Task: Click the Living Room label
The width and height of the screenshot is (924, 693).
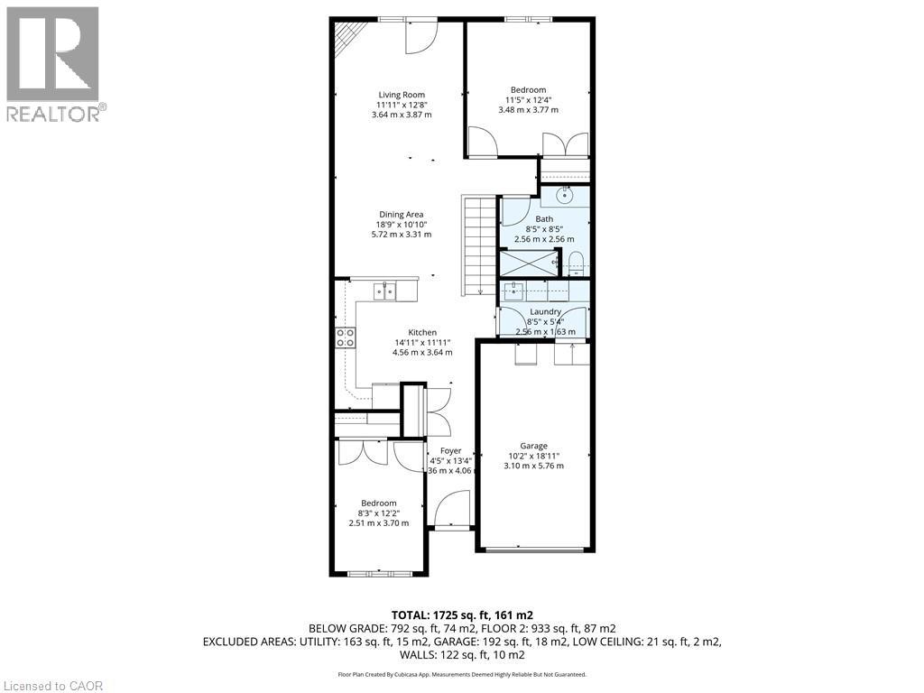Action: point(402,95)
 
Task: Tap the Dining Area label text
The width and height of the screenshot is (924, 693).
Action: point(402,215)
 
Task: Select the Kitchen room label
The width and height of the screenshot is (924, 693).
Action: point(421,333)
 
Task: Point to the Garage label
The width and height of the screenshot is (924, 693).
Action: point(533,446)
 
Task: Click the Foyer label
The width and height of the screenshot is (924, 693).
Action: point(450,451)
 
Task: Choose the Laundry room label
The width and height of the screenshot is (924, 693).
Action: point(545,312)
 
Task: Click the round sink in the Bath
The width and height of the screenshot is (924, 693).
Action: point(566,194)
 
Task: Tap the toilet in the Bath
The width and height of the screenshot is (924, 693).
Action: point(577,263)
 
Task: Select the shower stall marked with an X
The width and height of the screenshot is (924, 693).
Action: point(528,263)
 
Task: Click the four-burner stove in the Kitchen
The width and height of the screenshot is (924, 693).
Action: point(345,337)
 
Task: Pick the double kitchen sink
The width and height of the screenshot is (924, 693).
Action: point(385,290)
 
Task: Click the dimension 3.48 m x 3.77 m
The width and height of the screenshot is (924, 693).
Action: point(528,110)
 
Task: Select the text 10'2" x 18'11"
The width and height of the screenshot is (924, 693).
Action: point(533,456)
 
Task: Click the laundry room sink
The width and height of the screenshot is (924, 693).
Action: point(514,291)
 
